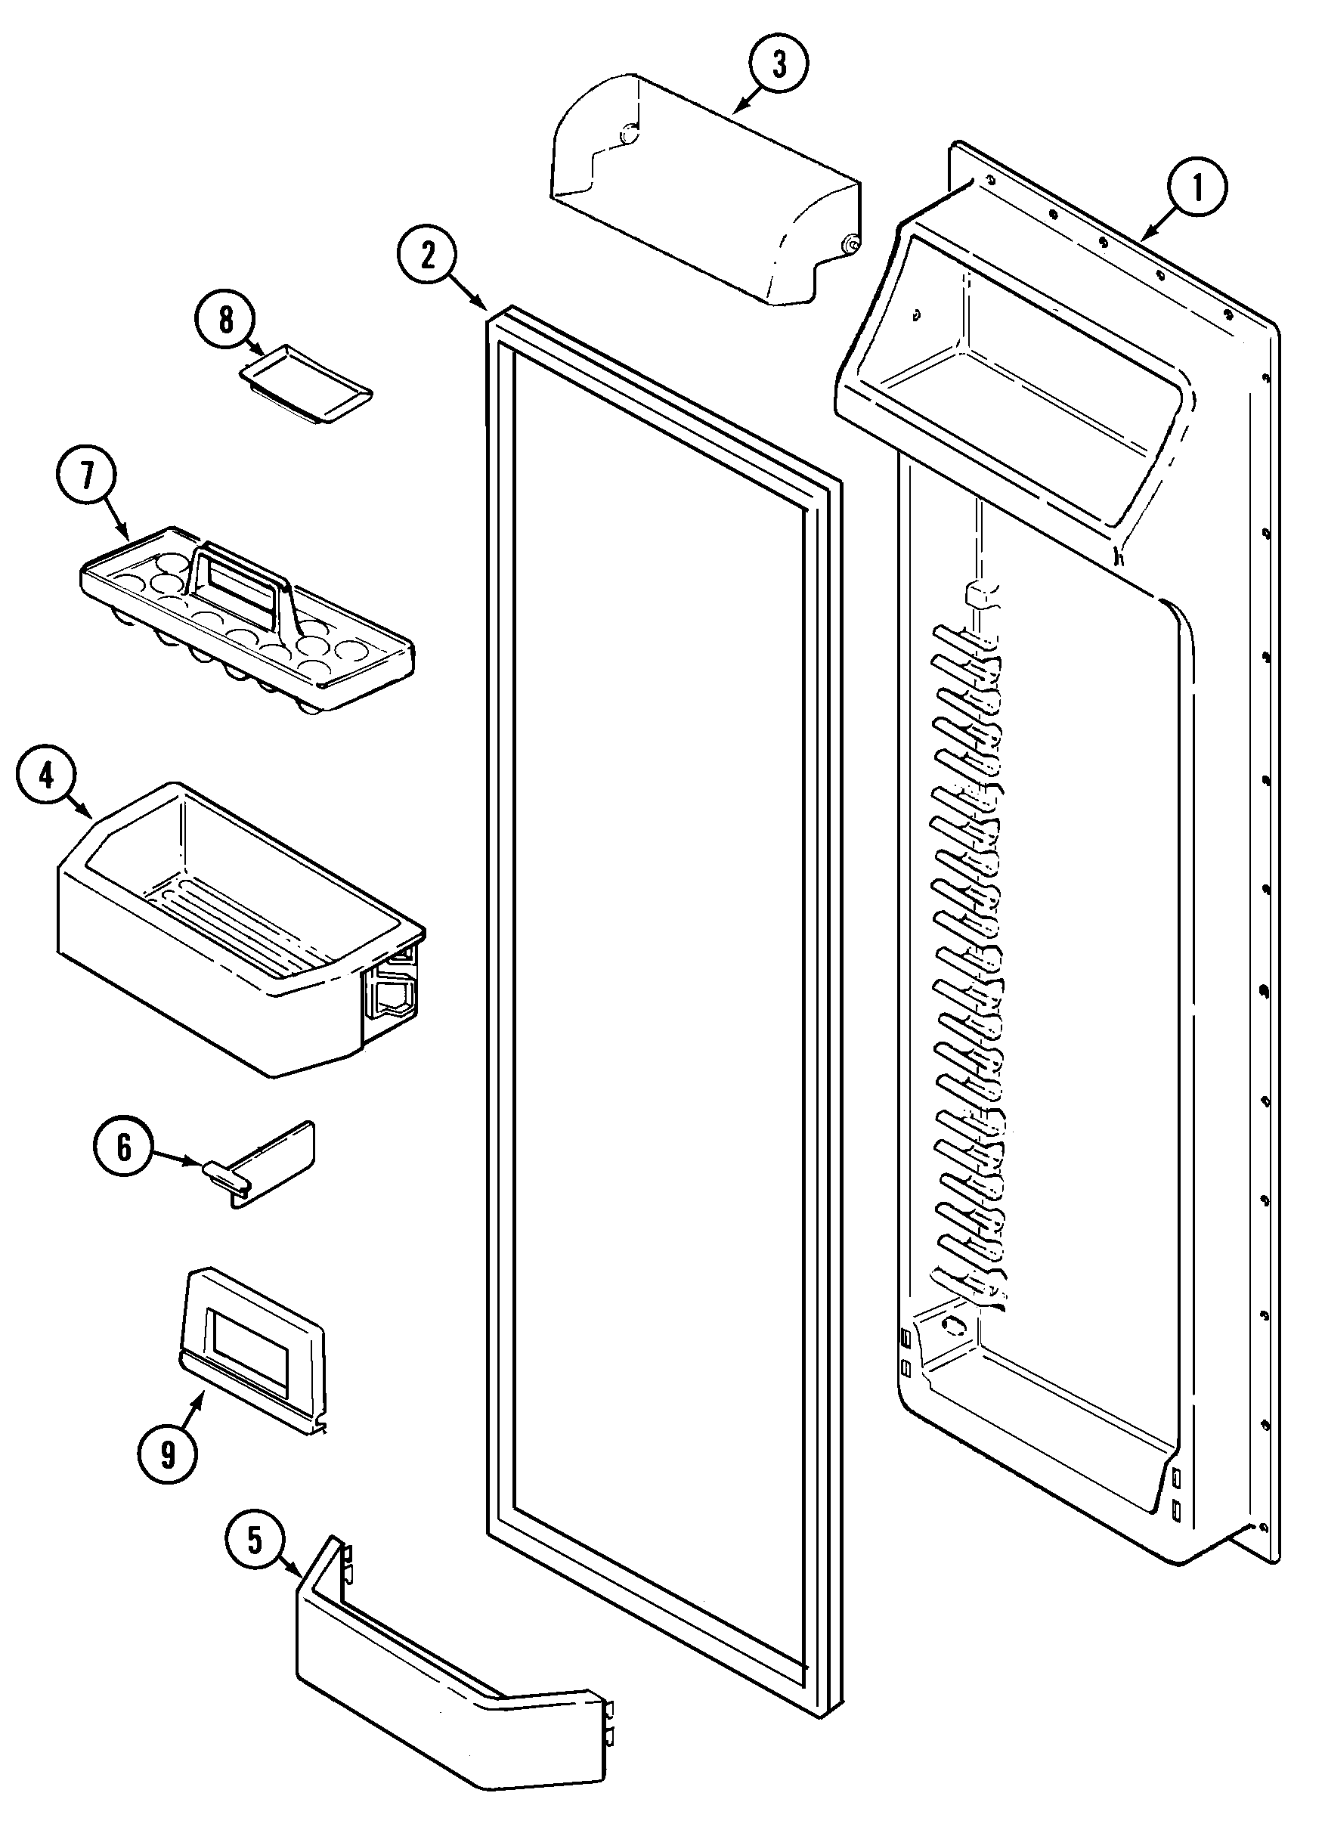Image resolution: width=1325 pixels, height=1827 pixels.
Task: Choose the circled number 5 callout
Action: [255, 1541]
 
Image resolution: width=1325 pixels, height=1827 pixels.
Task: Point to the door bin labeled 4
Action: [234, 927]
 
